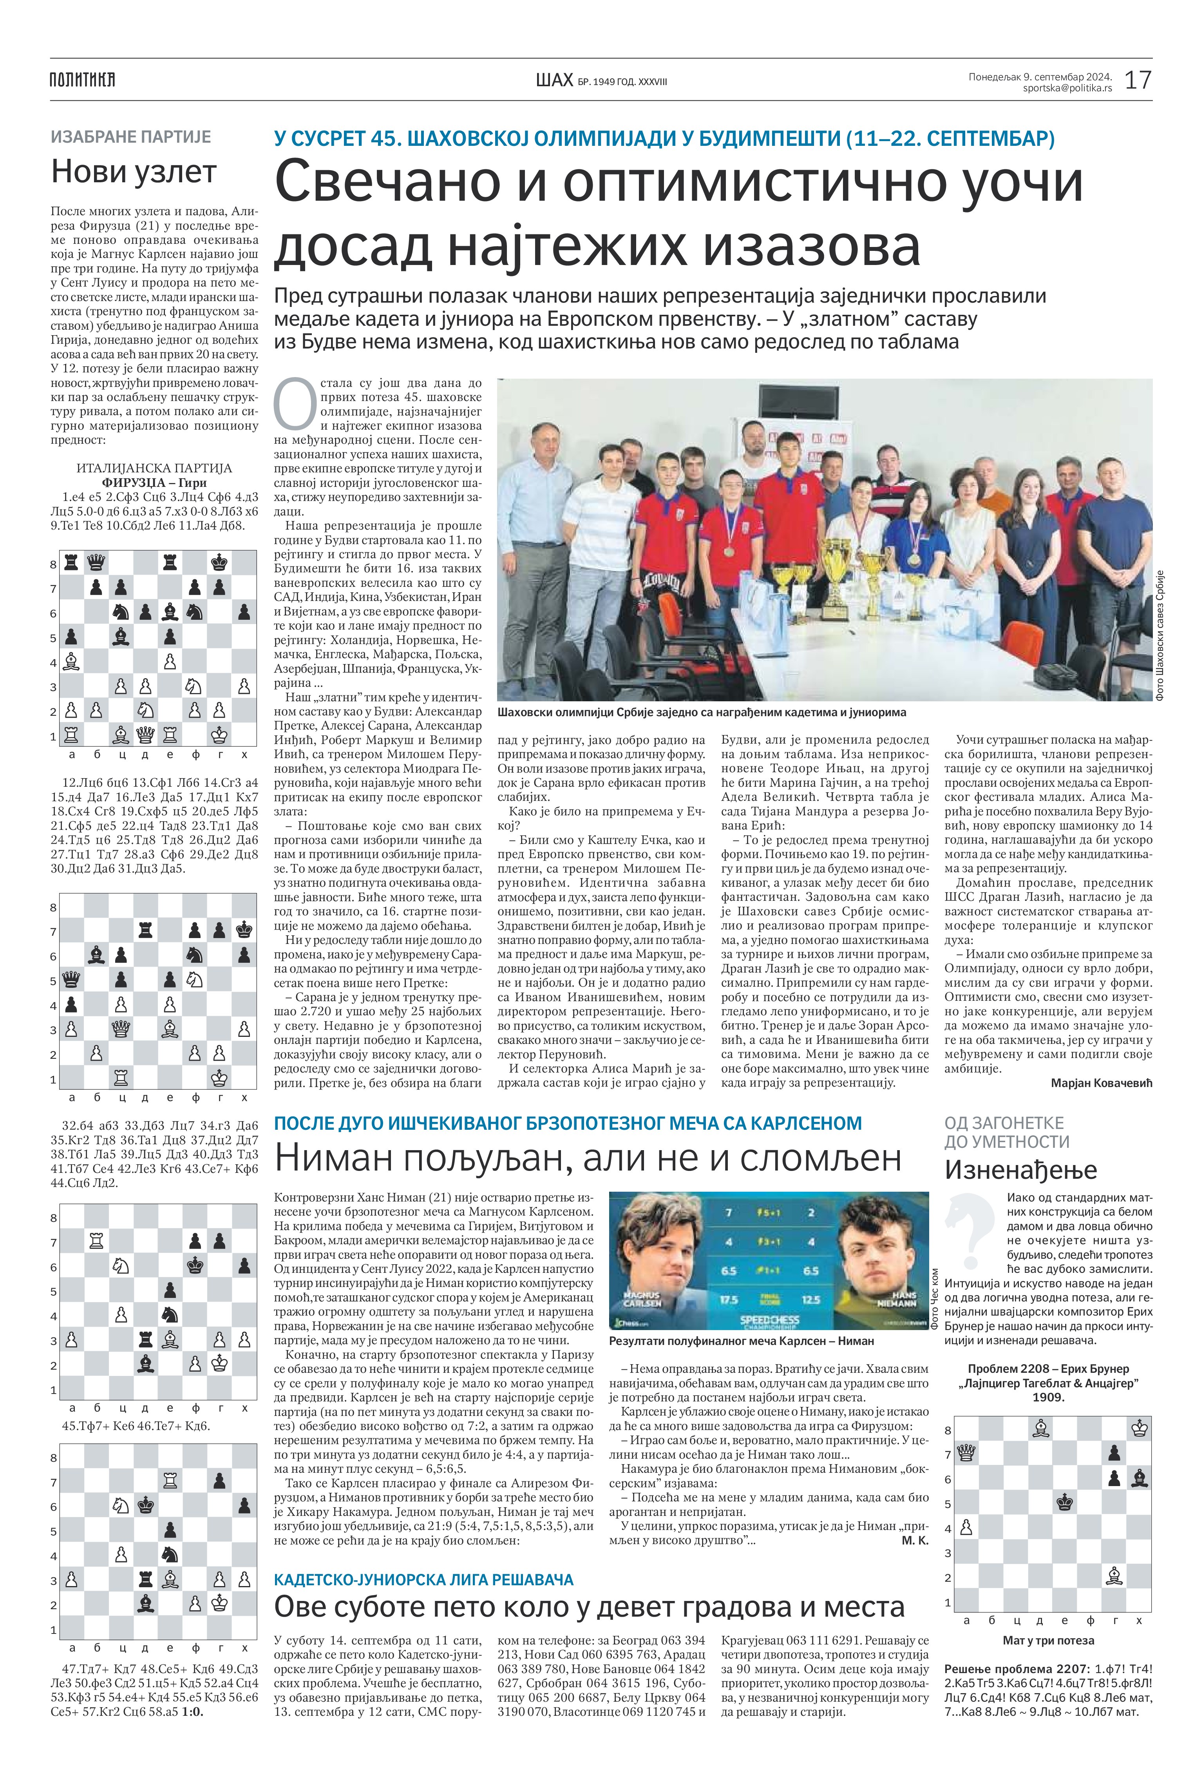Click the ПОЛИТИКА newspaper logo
(82, 80)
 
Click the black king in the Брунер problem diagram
(1065, 1502)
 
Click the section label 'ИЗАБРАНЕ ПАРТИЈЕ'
(130, 138)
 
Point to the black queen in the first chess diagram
(96, 563)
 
